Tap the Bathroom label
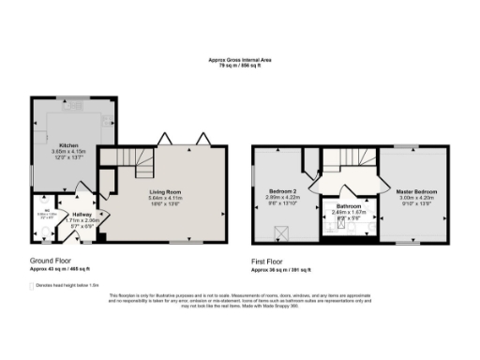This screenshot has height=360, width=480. pyautogui.click(x=351, y=206)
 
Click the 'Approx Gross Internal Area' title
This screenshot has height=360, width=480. pyautogui.click(x=240, y=59)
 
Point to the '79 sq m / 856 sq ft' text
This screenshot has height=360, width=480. pyautogui.click(x=240, y=66)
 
